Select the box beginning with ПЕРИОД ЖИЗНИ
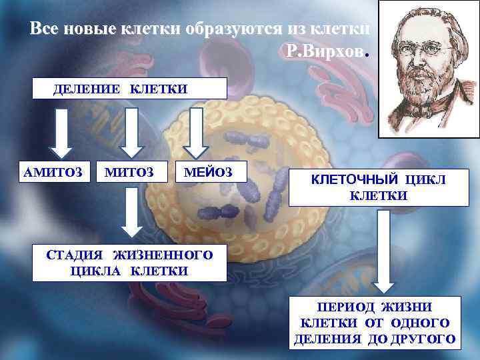click(375, 323)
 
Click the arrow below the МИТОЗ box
click(131, 212)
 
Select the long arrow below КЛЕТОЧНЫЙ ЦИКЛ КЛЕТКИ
click(383, 252)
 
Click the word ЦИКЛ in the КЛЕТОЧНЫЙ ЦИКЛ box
click(424, 179)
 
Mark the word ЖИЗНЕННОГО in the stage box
click(163, 255)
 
